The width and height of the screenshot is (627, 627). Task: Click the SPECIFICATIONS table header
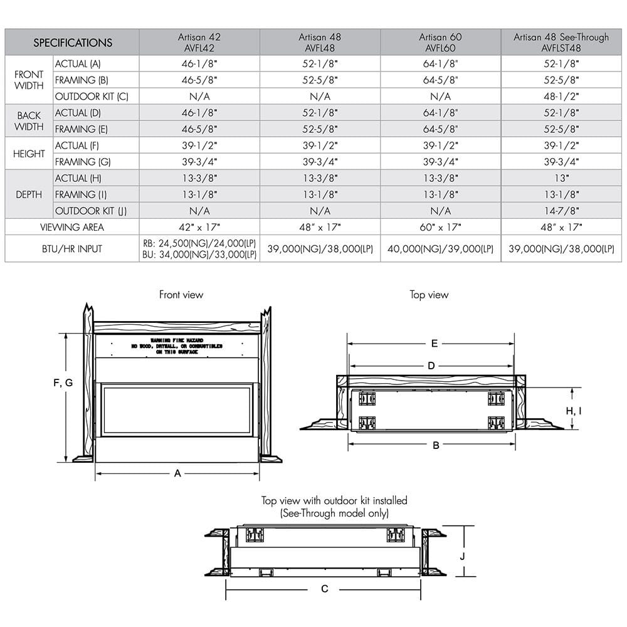pos(72,43)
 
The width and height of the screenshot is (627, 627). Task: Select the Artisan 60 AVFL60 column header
pos(441,43)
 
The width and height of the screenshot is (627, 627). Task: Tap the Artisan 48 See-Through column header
pos(561,43)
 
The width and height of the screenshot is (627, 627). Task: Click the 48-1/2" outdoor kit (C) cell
pos(561,97)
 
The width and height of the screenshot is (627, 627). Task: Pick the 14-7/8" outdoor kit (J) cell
pos(561,211)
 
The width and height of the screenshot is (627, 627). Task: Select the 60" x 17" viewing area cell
pos(441,227)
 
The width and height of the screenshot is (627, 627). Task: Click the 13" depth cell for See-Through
pos(561,178)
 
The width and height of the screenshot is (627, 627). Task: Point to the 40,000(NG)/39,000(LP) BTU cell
pos(441,249)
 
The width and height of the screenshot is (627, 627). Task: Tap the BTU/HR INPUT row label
pos(72,249)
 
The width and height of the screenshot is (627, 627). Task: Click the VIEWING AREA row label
pos(72,227)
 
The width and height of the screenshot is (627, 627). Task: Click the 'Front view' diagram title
pos(181,295)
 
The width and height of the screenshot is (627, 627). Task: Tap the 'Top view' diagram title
pos(429,295)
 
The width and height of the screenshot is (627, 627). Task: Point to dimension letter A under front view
pos(177,474)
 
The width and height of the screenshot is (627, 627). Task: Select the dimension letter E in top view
pos(434,343)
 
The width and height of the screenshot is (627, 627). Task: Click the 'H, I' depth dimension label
pos(574,411)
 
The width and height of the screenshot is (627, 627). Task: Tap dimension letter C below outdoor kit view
pos(325,589)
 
